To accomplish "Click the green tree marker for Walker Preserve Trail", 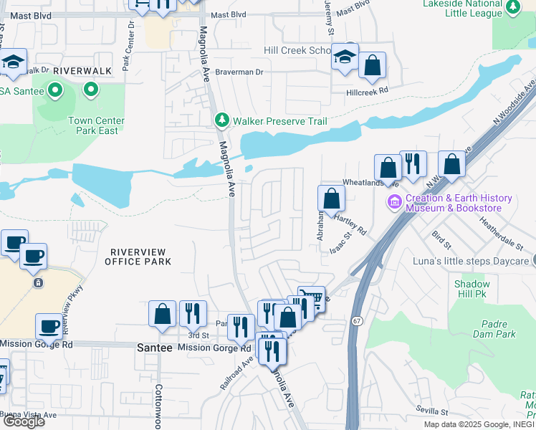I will [222, 120].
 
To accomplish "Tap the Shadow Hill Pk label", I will [472, 289].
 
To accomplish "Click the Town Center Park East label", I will [97, 125].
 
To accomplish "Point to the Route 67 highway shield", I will [356, 321].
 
